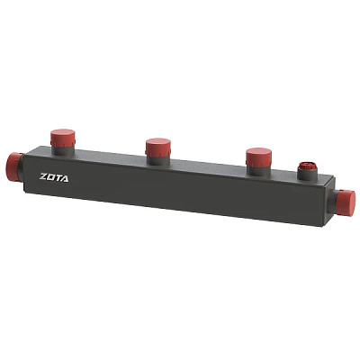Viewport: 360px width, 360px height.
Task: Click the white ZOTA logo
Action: [x=54, y=177]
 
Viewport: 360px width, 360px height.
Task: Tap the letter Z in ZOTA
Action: [x=43, y=176]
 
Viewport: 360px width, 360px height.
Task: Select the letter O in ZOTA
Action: [x=51, y=177]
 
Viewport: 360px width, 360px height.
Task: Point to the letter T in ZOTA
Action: [x=58, y=178]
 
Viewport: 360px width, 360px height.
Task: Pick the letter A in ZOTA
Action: [x=65, y=178]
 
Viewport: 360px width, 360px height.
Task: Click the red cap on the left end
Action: [x=14, y=166]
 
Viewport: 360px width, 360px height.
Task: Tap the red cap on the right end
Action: [x=346, y=202]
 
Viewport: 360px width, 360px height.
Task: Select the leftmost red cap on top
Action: [x=62, y=138]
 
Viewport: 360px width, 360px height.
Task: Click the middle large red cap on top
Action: [x=158, y=147]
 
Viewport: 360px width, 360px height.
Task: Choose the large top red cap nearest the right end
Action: [x=258, y=157]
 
